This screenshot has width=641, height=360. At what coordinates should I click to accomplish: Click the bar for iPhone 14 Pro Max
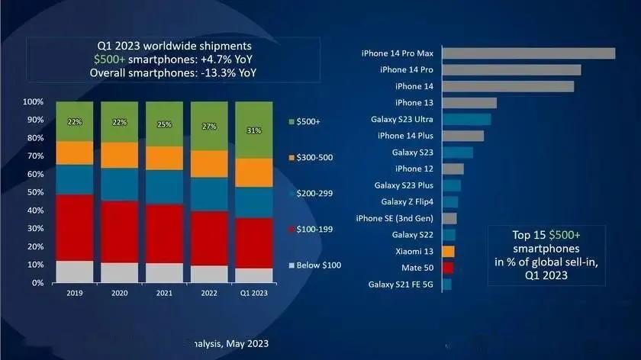tap(529, 53)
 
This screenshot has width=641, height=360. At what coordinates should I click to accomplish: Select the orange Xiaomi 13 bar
tap(448, 251)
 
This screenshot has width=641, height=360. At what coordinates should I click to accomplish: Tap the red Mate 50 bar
tap(448, 268)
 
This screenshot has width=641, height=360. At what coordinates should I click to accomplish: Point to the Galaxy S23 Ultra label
tap(403, 119)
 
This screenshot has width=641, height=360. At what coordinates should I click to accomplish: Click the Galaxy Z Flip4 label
tap(407, 201)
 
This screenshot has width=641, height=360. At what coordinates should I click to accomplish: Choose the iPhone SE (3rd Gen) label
tap(395, 218)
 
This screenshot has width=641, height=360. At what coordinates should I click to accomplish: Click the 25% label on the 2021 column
tap(164, 124)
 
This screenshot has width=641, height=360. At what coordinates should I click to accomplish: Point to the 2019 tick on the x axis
tap(74, 294)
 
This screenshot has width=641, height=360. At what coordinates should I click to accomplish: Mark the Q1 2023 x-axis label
tap(253, 294)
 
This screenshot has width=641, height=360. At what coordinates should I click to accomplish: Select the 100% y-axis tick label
tap(33, 101)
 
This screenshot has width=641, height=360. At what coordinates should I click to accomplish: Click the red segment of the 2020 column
tap(119, 232)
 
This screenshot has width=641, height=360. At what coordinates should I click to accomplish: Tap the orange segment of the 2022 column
tap(209, 164)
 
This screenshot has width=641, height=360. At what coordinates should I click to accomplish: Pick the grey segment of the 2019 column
tap(74, 272)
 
